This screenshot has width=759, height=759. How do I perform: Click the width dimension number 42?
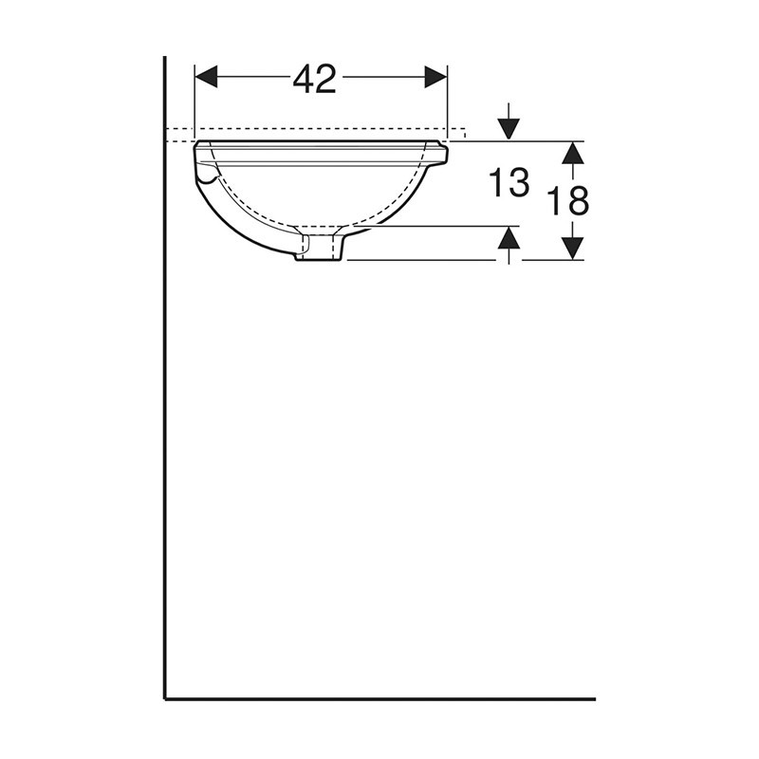point(314,80)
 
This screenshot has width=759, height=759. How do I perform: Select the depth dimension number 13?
point(509,183)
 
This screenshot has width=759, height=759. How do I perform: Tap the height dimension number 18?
point(568,200)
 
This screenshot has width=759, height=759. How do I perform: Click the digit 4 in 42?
point(304,80)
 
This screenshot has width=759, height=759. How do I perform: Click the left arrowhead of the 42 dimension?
point(205,77)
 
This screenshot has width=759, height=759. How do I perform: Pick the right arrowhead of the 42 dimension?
point(435,77)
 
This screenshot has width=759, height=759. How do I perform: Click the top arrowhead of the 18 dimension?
point(571,152)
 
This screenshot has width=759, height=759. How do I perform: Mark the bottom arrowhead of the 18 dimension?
point(571,249)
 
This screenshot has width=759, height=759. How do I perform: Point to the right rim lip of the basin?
point(438,153)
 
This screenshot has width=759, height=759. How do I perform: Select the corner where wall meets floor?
point(165,699)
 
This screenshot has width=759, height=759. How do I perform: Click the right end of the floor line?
point(593,699)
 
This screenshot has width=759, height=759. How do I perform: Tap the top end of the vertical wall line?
point(165,59)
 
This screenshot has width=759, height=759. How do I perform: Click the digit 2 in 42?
point(326,80)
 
